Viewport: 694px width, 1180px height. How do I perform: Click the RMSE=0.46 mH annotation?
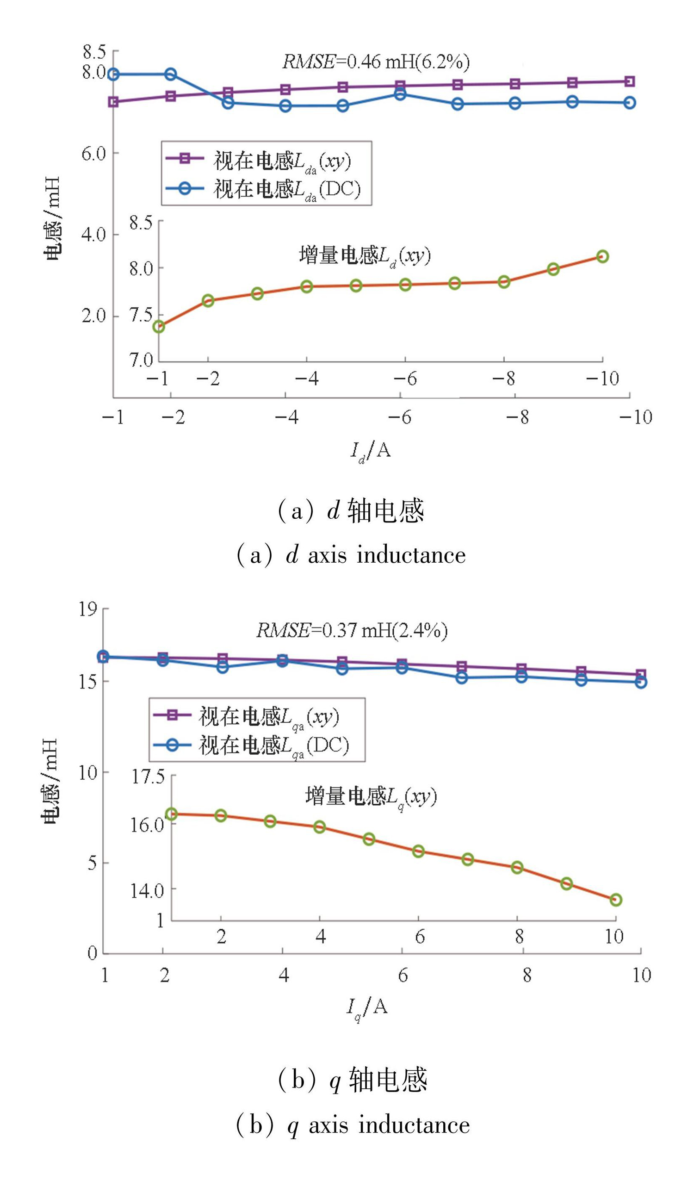[376, 62]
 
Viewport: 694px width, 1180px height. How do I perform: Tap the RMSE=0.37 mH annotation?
[352, 630]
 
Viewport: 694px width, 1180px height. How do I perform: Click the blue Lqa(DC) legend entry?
[250, 745]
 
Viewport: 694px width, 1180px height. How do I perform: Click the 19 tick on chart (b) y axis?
[88, 609]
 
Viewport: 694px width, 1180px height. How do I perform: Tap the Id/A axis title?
[371, 451]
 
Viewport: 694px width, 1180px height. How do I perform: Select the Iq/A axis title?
[367, 1007]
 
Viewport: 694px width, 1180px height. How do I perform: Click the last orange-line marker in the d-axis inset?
[603, 256]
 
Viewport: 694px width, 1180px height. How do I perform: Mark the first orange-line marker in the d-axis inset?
[159, 326]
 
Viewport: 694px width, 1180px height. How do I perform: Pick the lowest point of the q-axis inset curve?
[616, 900]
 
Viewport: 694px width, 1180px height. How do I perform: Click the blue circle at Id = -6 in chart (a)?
[400, 94]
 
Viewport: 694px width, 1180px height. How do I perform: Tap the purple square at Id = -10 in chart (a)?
[630, 81]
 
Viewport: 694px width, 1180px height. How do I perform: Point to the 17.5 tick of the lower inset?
[148, 777]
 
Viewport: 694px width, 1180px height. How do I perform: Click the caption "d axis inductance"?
[351, 555]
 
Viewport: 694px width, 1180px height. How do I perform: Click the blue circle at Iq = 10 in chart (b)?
[641, 682]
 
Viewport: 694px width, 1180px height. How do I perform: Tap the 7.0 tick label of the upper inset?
[142, 360]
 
